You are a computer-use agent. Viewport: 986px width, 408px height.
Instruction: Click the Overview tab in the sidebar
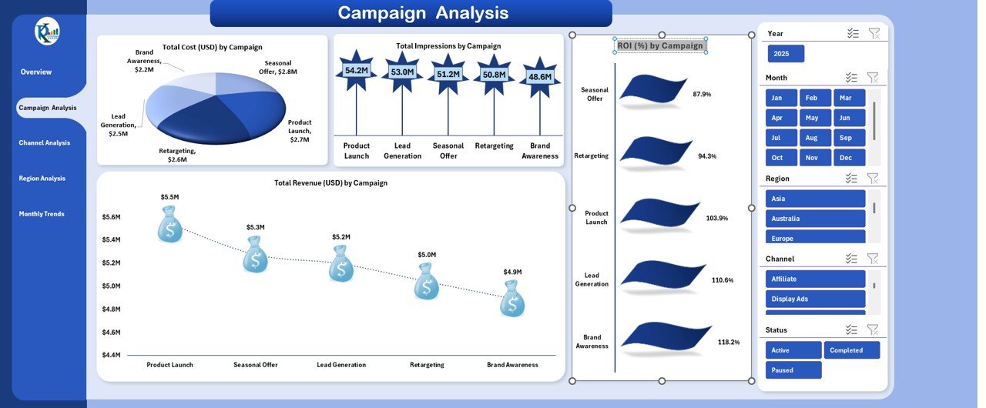pyautogui.click(x=36, y=72)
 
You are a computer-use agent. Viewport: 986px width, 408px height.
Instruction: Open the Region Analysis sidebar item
pyautogui.click(x=42, y=179)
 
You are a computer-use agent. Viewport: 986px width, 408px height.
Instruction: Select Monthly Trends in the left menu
pyautogui.click(x=42, y=214)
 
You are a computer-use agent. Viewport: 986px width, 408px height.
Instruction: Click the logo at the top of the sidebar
pyautogui.click(x=47, y=32)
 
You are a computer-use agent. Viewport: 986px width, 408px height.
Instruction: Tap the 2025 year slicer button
pyautogui.click(x=786, y=54)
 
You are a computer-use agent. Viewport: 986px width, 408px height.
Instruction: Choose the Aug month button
pyautogui.click(x=815, y=138)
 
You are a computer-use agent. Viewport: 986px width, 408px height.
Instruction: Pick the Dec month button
pyautogui.click(x=849, y=158)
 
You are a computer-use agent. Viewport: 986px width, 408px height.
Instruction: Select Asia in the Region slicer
pyautogui.click(x=816, y=199)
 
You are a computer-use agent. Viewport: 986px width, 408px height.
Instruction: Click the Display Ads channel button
pyautogui.click(x=816, y=299)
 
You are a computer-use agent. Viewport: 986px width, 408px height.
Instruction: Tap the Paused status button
pyautogui.click(x=793, y=370)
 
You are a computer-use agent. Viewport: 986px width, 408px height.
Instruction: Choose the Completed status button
pyautogui.click(x=851, y=350)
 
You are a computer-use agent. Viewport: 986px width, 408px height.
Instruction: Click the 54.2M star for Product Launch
pyautogui.click(x=356, y=71)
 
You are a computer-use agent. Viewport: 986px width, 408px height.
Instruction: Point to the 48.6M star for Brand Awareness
pyautogui.click(x=540, y=77)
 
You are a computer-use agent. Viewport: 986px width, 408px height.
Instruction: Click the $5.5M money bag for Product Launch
pyautogui.click(x=170, y=228)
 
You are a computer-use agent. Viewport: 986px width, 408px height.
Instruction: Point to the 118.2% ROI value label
pyautogui.click(x=729, y=342)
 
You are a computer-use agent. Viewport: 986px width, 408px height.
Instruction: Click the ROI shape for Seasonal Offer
pyautogui.click(x=652, y=92)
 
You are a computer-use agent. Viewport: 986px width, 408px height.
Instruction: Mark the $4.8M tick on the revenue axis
pyautogui.click(x=111, y=309)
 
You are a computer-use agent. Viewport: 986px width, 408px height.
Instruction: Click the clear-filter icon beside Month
pyautogui.click(x=873, y=77)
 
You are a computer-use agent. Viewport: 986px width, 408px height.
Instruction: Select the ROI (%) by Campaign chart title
pyautogui.click(x=660, y=45)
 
